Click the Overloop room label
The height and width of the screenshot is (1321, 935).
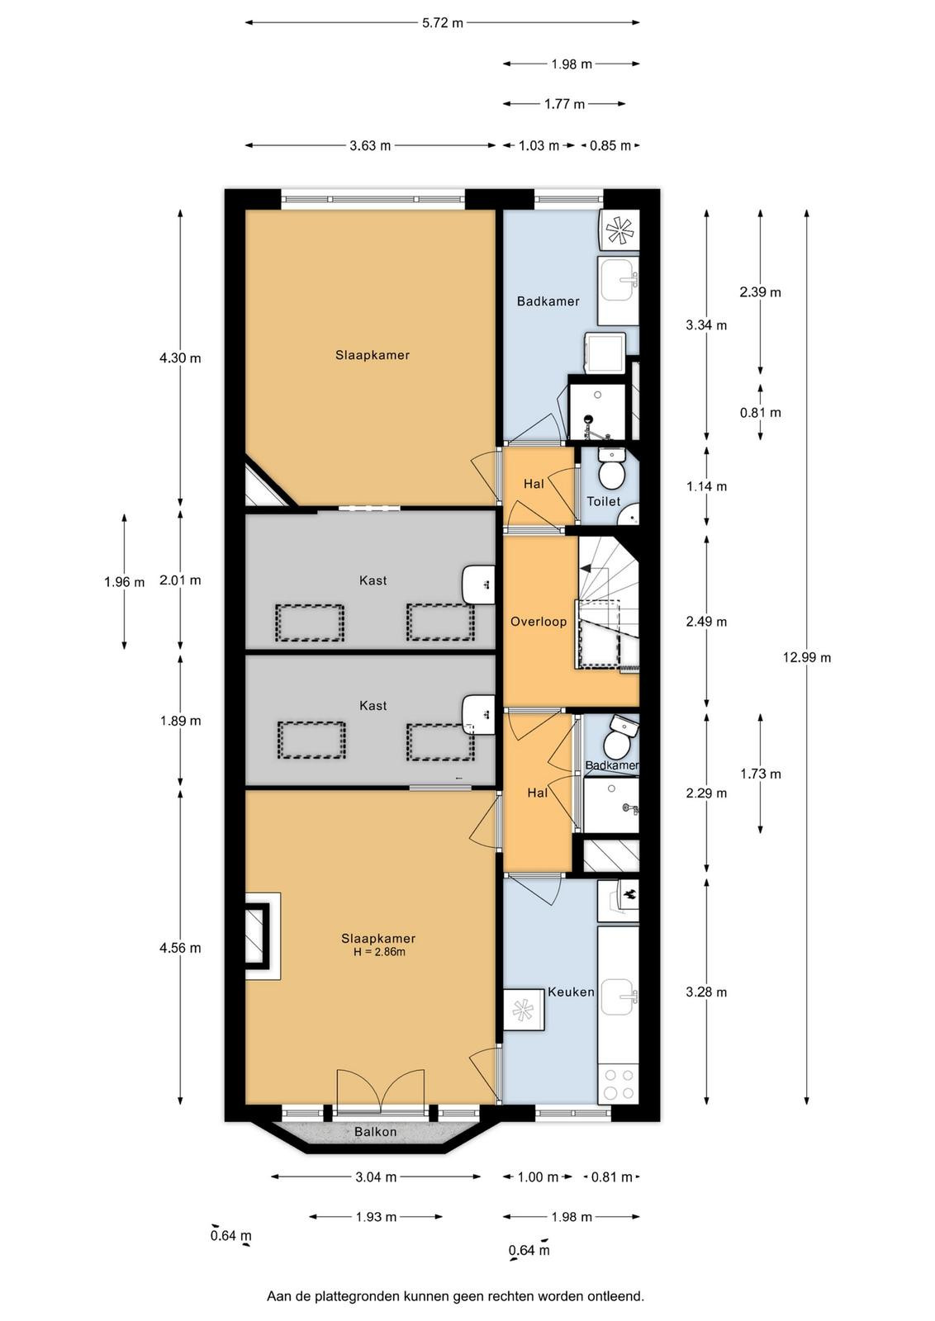(x=538, y=622)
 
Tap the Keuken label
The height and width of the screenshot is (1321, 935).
(x=571, y=992)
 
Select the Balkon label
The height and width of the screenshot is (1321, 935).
(x=375, y=1132)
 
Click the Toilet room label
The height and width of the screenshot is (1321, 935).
(x=604, y=501)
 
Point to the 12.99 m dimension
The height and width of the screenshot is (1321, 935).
(x=807, y=657)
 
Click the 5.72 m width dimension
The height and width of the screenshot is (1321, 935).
(x=443, y=23)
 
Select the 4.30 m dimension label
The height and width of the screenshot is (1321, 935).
(x=180, y=358)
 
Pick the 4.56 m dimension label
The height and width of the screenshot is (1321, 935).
(x=180, y=948)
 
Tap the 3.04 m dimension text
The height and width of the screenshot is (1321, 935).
(x=376, y=1177)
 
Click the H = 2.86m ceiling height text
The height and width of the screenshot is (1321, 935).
(x=375, y=952)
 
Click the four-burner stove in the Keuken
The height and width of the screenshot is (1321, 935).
(x=618, y=1084)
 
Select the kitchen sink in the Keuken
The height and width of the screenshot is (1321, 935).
(x=619, y=997)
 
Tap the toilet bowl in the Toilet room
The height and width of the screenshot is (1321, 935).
(x=611, y=472)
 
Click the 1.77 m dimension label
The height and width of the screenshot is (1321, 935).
(x=564, y=104)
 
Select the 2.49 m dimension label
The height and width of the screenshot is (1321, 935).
(x=706, y=622)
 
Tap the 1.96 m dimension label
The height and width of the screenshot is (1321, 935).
(x=125, y=583)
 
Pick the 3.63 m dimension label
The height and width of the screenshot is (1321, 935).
(x=370, y=145)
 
